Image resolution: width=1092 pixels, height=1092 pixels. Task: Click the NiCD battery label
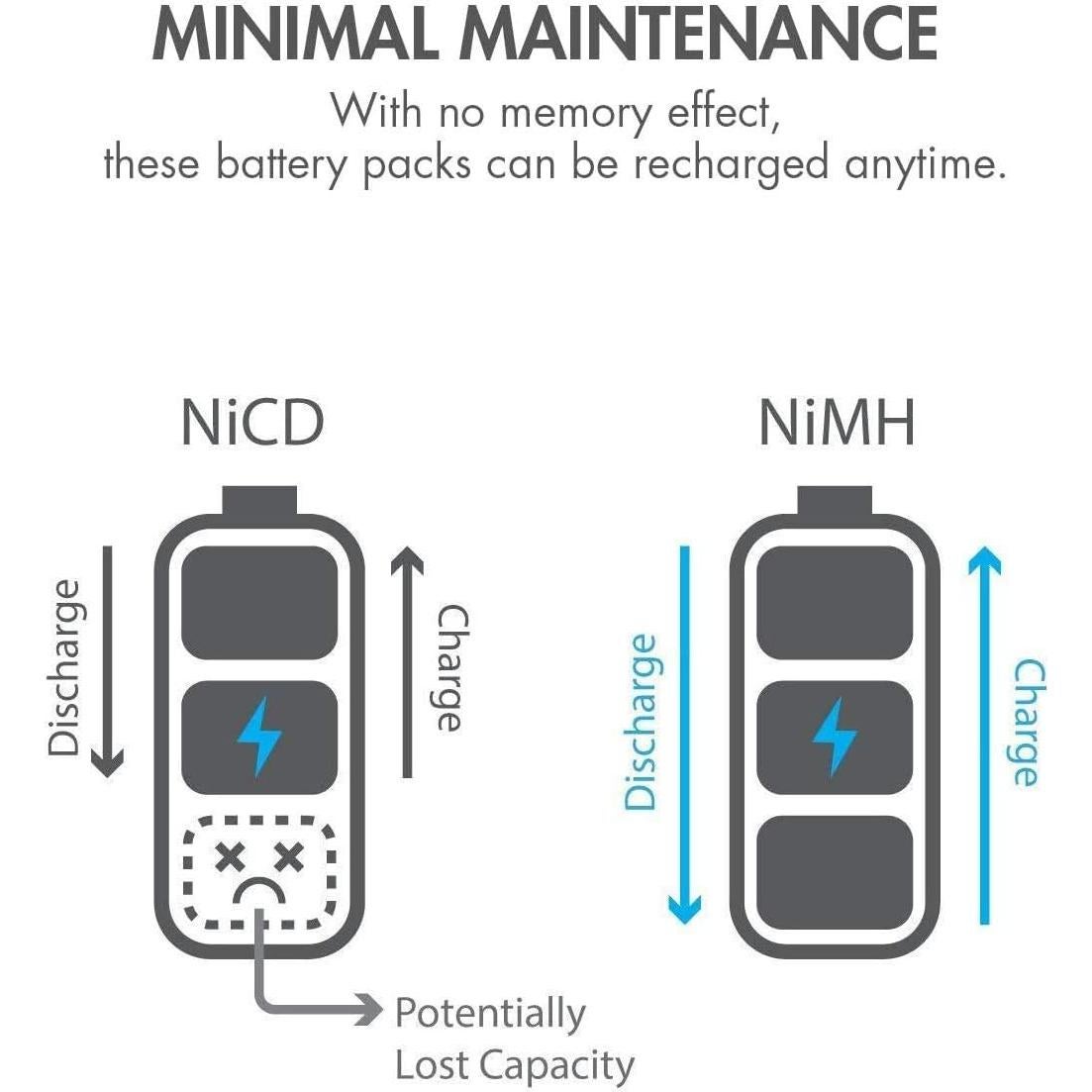(252, 423)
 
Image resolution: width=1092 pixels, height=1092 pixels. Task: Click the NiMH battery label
(837, 423)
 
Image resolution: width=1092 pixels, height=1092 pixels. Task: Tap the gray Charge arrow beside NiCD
(406, 663)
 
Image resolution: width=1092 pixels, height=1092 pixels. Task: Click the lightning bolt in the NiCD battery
(259, 736)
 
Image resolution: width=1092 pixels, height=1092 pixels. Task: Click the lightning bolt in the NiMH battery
(835, 736)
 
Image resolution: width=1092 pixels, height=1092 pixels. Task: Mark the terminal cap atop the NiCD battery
(259, 500)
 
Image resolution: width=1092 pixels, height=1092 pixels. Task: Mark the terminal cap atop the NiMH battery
(835, 500)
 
